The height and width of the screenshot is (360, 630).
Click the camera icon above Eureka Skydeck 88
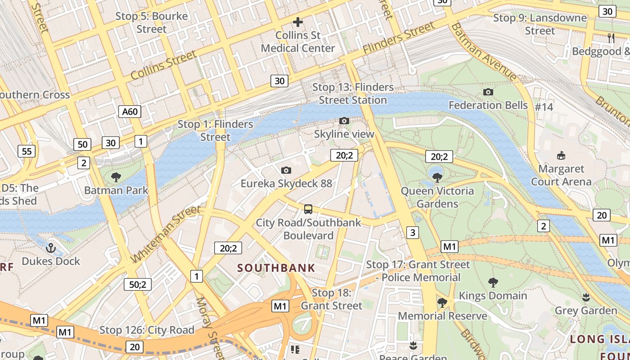286,170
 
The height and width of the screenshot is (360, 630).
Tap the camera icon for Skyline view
344,121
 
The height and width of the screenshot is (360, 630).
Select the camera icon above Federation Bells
488,92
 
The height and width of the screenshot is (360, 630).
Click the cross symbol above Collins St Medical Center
297,22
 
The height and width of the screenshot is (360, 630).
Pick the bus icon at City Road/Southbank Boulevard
308,209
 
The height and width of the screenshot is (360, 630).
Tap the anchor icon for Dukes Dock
51,247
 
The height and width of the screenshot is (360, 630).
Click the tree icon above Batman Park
116,177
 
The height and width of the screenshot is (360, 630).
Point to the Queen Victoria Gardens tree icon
437,177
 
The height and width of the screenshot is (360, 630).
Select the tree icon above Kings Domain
493,283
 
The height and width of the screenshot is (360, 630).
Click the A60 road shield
130,111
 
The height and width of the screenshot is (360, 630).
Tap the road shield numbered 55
27,151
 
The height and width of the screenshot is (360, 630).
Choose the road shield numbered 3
412,232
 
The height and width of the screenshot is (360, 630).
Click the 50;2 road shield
138,284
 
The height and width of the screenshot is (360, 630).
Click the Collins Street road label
163,65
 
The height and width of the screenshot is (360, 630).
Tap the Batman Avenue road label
484,53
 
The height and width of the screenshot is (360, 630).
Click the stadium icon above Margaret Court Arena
561,156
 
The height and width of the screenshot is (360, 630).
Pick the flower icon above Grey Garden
585,297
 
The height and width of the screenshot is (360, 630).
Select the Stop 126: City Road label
147,330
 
